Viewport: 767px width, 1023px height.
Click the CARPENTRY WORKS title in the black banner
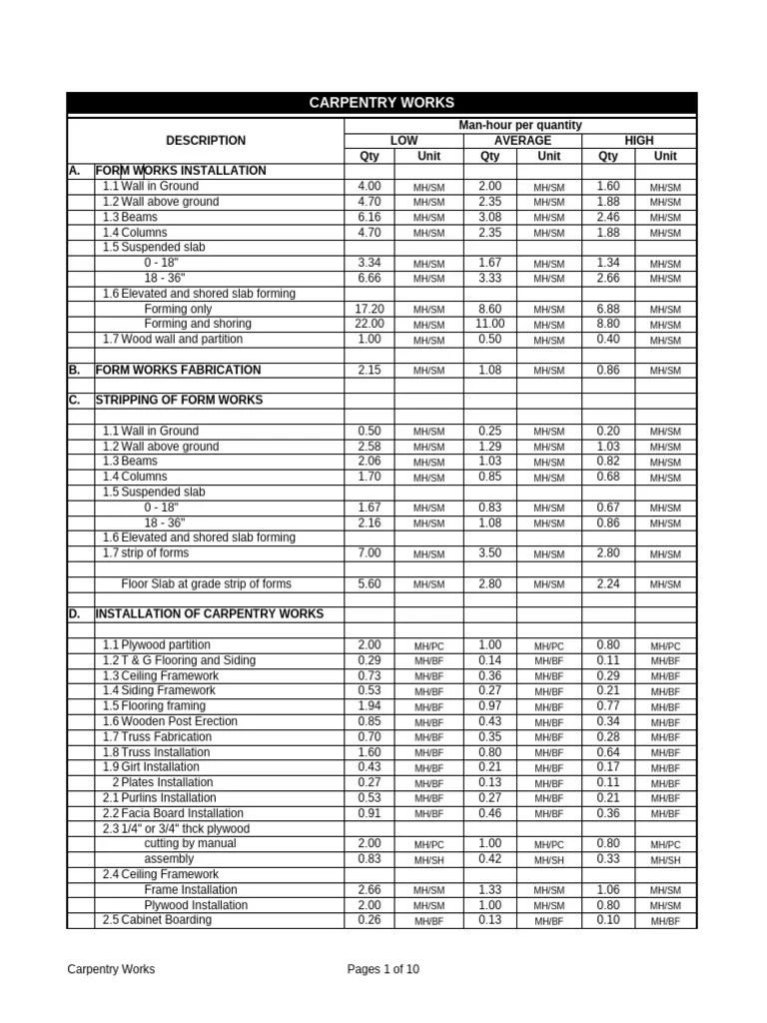[382, 103]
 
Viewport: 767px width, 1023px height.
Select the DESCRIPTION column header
[205, 141]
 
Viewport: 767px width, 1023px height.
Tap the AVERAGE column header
[522, 141]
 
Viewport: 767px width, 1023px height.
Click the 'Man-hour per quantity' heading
[519, 125]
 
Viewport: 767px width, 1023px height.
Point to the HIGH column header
[638, 141]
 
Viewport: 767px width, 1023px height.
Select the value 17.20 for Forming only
[370, 310]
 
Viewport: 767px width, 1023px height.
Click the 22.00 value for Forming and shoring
[370, 325]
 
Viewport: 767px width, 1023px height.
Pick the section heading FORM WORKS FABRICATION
[178, 370]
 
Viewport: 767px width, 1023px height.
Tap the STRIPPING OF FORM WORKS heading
[179, 400]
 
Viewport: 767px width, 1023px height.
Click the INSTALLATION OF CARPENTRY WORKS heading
[209, 613]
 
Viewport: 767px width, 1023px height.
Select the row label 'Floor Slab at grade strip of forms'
[207, 583]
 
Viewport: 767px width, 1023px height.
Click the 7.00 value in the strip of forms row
[370, 553]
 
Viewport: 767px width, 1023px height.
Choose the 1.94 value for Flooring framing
[370, 706]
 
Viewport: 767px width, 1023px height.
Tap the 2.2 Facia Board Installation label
[166, 813]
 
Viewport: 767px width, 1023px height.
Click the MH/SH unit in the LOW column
[429, 860]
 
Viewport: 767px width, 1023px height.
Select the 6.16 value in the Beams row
[370, 217]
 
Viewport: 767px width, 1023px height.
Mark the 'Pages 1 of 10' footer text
[383, 969]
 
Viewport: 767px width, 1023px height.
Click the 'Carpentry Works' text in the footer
[111, 969]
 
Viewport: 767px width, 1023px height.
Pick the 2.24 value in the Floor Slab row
[608, 583]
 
